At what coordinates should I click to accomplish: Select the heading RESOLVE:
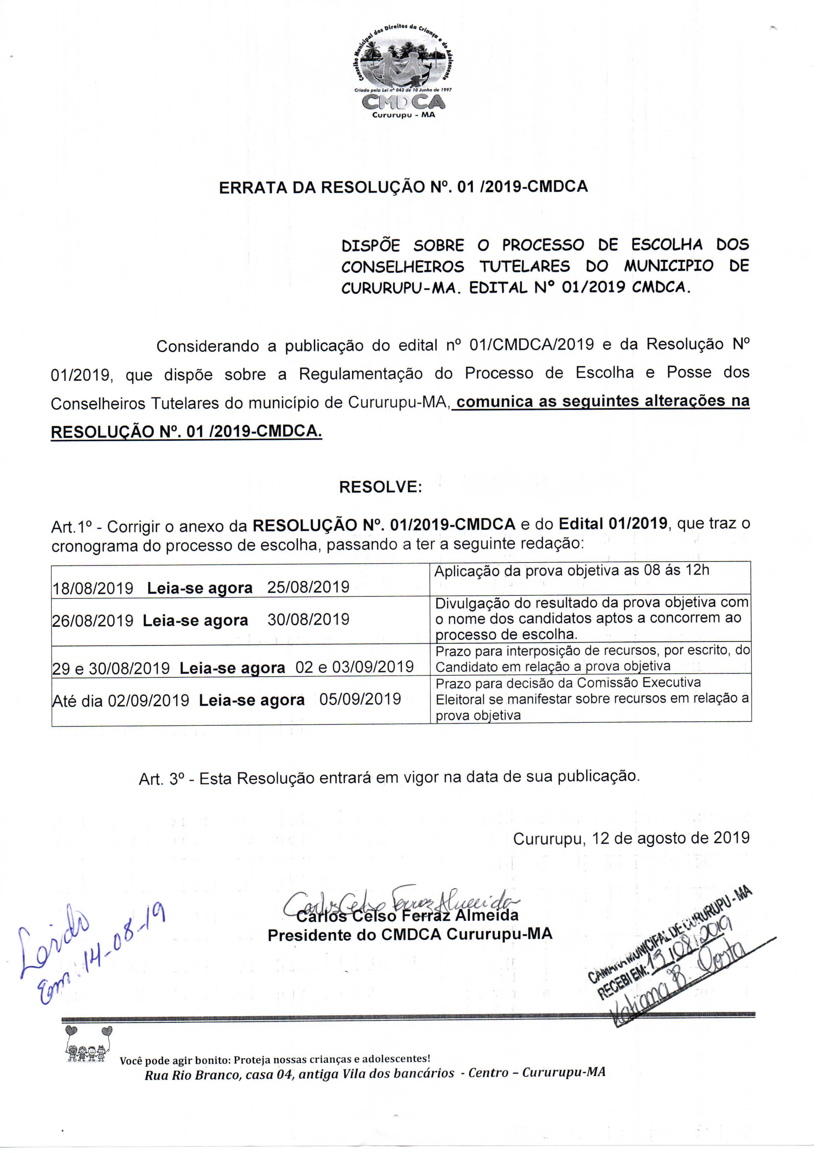[x=380, y=487]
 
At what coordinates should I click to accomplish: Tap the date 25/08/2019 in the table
[x=308, y=587]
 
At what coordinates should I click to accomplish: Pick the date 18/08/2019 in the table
[x=93, y=588]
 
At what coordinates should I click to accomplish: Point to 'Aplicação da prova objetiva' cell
[x=571, y=571]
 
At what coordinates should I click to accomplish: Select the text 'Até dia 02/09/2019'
[x=121, y=700]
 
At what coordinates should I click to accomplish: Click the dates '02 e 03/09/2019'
[x=354, y=667]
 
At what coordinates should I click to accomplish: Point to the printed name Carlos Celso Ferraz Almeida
[x=407, y=915]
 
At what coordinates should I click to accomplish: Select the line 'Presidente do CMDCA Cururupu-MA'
[x=410, y=935]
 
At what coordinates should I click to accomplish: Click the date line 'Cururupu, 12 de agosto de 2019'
[x=631, y=838]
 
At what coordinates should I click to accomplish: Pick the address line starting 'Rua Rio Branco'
[x=375, y=1073]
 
